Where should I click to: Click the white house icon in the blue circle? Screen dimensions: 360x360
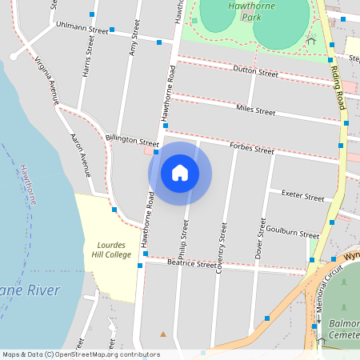click(180, 173)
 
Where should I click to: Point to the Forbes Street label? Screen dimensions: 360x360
click(251, 149)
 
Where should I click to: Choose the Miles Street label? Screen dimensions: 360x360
click(255, 110)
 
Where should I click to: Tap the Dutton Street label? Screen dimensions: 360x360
click(255, 73)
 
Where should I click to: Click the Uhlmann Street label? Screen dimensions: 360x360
click(82, 28)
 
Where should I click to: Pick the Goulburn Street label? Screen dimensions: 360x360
click(292, 231)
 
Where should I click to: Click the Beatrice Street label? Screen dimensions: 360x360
click(192, 262)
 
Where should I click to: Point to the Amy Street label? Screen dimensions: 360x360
click(134, 46)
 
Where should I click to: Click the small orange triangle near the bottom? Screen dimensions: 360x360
click(163, 334)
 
